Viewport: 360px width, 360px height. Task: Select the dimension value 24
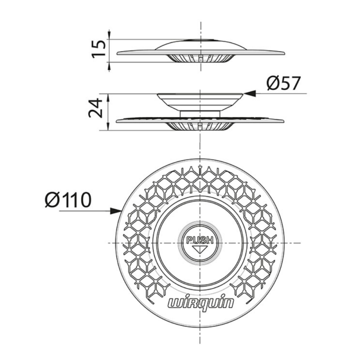pos(95,108)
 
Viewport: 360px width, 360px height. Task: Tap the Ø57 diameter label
pos(283,83)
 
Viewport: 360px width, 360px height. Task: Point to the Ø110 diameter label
pos(68,200)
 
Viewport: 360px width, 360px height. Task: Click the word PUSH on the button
pos(200,240)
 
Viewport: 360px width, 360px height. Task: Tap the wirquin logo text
pos(201,303)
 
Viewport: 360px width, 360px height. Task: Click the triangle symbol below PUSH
pos(200,250)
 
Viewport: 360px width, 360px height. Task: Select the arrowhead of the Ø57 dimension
pos(249,94)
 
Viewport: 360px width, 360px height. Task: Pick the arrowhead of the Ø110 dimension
pos(116,211)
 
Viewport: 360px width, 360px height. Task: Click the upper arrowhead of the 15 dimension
pos(109,35)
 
